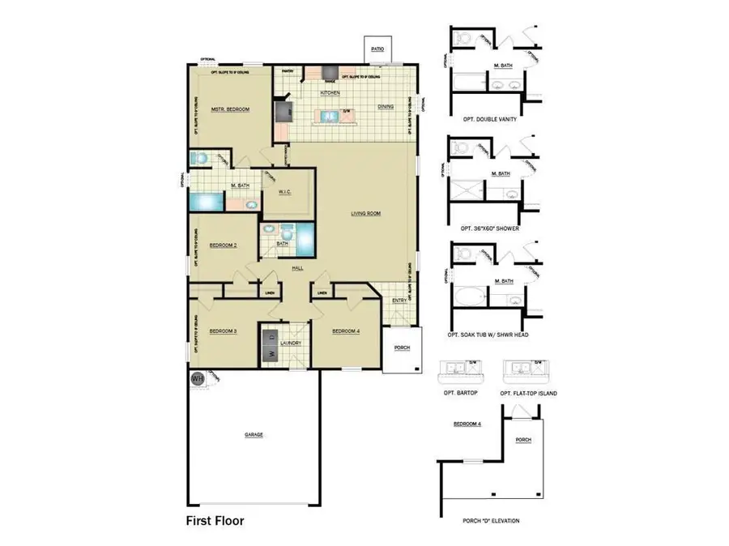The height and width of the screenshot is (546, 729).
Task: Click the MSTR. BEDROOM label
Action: pos(229,109)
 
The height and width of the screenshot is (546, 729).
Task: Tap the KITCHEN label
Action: pos(329,93)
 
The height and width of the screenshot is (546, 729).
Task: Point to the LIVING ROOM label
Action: pos(365,214)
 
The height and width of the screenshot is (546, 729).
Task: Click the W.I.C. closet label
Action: pos(284,192)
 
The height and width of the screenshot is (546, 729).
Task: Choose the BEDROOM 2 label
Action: pos(223,245)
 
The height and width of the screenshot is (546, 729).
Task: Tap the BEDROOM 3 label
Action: pos(222,331)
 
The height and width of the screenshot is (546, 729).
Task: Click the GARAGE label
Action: pos(254,434)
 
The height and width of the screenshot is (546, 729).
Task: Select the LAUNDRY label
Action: pos(290,343)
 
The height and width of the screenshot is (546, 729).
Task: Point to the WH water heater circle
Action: pos(196,378)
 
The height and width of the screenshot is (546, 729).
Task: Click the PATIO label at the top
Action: pos(377,49)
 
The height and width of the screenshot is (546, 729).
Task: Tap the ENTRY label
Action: pos(399,301)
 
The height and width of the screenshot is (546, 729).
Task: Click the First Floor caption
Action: pos(215,521)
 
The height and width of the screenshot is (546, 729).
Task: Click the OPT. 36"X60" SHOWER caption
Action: pos(489,228)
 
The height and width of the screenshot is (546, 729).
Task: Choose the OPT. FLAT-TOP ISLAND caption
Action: pos(528,393)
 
